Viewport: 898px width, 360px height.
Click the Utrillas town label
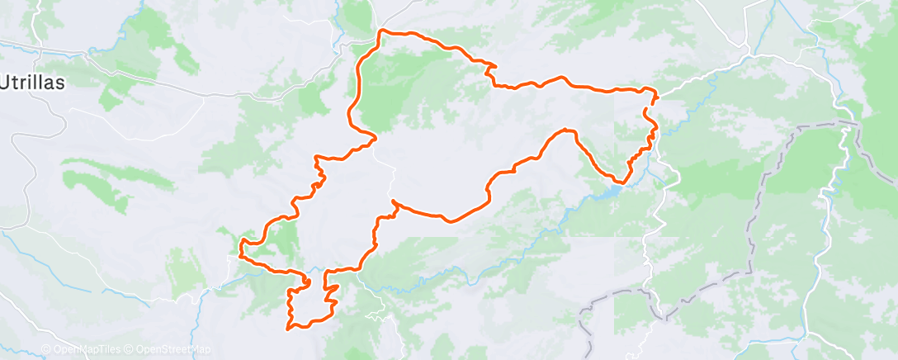point(33,83)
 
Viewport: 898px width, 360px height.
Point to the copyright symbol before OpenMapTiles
point(46,349)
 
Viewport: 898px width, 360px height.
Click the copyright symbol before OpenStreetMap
point(130,349)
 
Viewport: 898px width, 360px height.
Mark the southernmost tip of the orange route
point(288,329)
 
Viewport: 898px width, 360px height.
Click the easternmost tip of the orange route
point(658,97)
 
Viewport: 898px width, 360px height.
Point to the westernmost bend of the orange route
point(240,245)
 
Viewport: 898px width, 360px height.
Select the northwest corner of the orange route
point(380,31)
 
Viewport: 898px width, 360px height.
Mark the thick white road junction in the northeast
point(749,54)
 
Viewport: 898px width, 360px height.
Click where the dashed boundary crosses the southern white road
point(660,315)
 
